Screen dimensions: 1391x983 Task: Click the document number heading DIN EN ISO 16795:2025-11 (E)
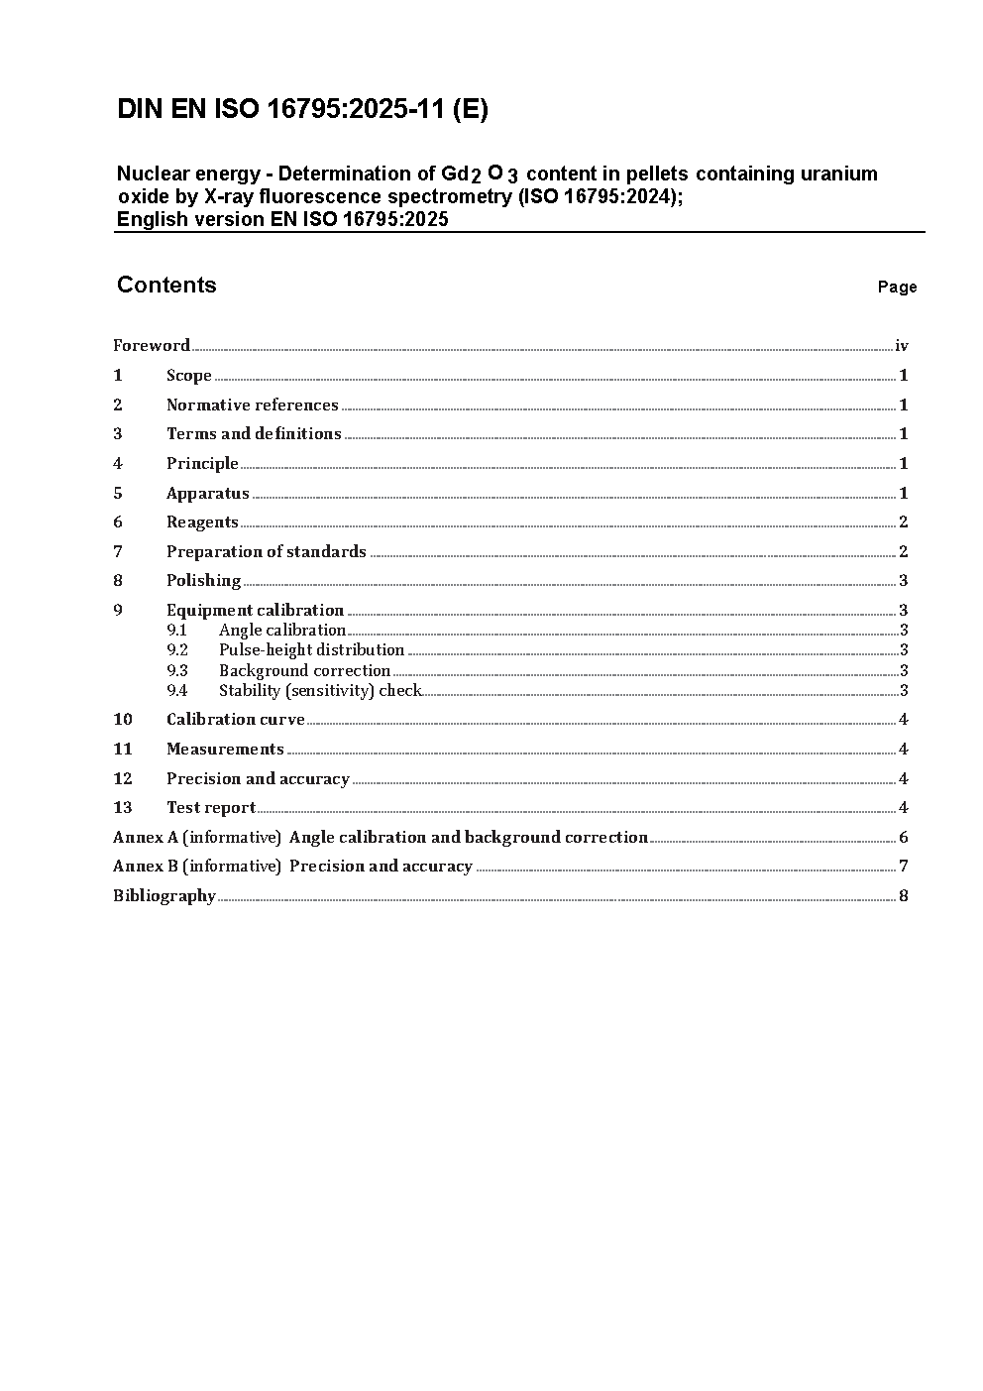coord(302,110)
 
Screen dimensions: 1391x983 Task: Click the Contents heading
coord(166,286)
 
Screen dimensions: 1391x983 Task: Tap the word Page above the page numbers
coord(897,288)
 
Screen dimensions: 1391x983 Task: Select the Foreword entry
coord(152,346)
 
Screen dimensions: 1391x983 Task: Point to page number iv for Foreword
coord(902,346)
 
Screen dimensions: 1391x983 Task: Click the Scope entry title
coord(188,376)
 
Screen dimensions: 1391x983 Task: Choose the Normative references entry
coord(252,405)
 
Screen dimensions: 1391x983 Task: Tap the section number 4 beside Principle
coord(118,463)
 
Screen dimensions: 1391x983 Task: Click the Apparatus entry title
coord(207,493)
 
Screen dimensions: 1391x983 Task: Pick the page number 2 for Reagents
coord(903,522)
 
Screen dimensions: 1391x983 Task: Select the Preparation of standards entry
coord(266,551)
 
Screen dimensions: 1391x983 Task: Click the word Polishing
coord(203,581)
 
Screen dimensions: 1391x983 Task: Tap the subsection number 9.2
coord(177,650)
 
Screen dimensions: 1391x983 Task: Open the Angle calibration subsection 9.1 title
coord(281,631)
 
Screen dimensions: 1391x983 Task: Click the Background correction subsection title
coord(304,671)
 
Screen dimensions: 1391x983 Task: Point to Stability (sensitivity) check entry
coord(320,691)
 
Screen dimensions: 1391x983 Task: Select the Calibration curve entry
coord(235,720)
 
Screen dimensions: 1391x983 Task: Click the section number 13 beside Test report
coord(123,808)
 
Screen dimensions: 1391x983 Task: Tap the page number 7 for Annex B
coord(903,867)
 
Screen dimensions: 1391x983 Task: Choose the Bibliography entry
coord(164,896)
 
